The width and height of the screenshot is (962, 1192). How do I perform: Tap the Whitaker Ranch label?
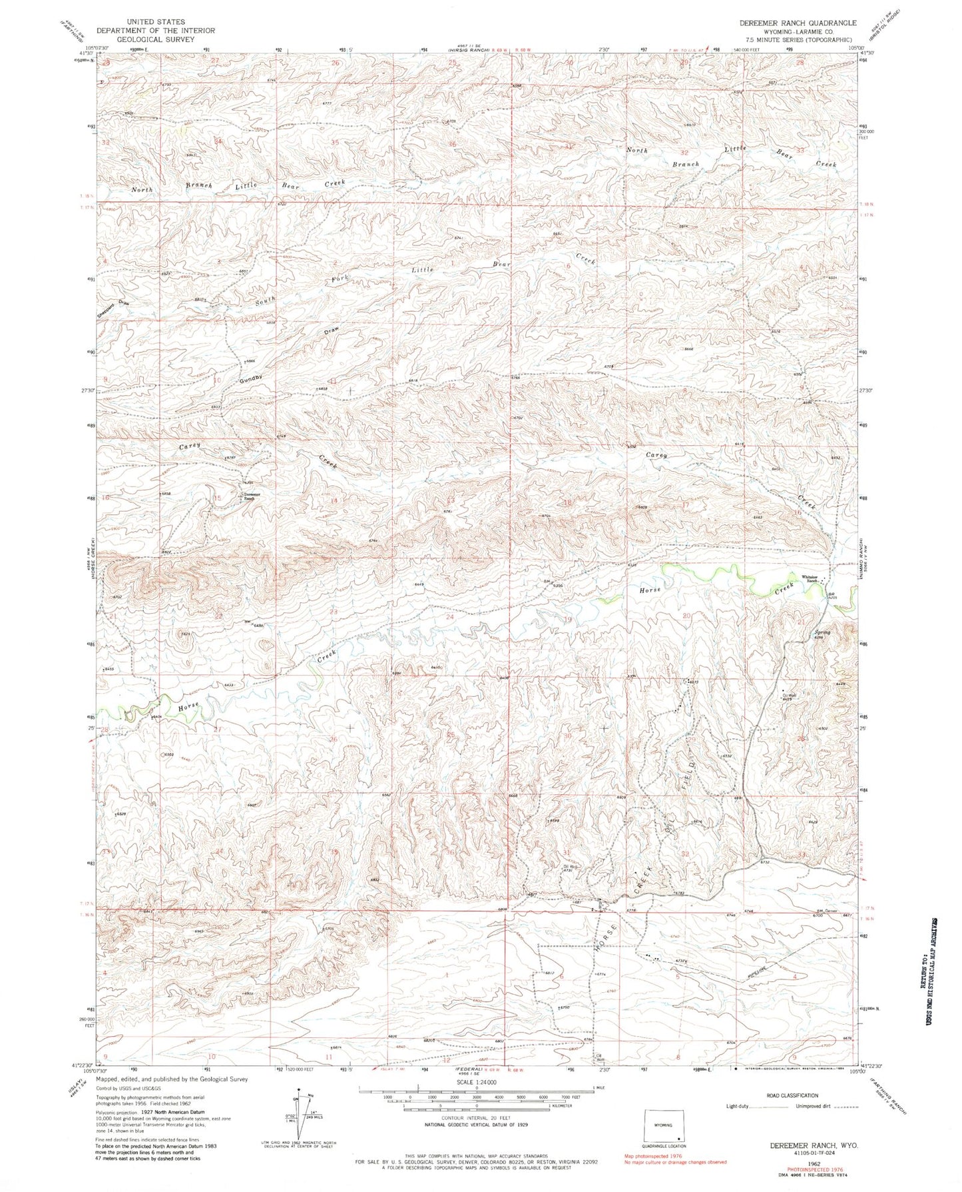[x=808, y=579]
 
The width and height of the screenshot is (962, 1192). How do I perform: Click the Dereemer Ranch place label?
[x=249, y=496]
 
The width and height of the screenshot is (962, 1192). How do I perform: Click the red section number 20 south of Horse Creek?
[x=686, y=616]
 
